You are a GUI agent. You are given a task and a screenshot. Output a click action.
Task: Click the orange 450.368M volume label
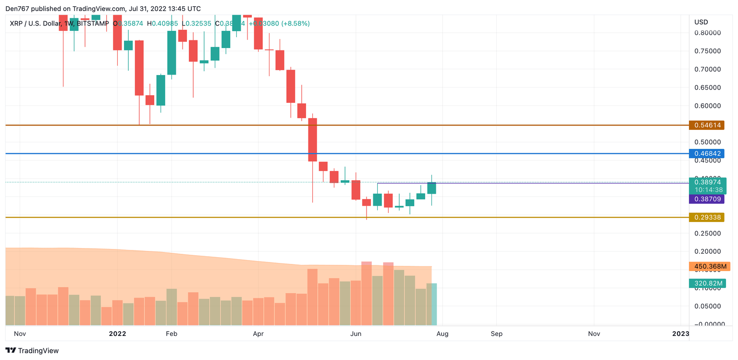(709, 266)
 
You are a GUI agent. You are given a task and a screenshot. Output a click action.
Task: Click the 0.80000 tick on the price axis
(708, 33)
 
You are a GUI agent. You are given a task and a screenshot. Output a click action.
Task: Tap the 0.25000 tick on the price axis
(708, 234)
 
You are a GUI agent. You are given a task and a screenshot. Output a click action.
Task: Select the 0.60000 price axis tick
(708, 106)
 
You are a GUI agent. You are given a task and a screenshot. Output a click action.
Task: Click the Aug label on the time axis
(442, 334)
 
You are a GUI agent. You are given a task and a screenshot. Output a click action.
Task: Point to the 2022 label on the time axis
(117, 334)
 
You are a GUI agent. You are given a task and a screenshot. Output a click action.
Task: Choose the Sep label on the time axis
(496, 334)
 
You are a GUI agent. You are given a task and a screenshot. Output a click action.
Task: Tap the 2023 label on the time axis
(680, 334)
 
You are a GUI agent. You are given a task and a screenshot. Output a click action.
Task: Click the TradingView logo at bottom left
(32, 351)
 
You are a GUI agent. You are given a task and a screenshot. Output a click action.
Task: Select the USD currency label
(701, 22)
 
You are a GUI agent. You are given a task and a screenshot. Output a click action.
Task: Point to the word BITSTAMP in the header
(92, 24)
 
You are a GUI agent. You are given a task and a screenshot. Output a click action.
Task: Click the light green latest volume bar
(434, 304)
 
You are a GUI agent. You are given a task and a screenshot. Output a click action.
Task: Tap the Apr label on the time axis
(258, 334)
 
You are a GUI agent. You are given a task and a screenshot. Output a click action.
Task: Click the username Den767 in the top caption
(17, 9)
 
